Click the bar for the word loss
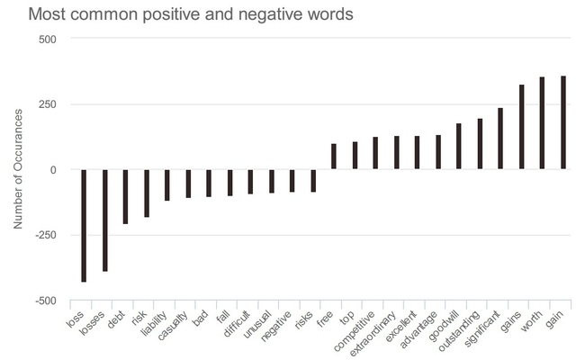point(84,225)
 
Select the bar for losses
point(104,220)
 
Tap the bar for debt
point(126,196)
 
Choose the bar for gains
point(522,127)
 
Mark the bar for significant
point(500,139)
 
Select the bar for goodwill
point(459,146)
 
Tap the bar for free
point(334,157)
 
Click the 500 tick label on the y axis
point(47,39)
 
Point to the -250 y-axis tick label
point(43,235)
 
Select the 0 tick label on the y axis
point(53,169)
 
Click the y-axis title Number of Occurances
point(18,168)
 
